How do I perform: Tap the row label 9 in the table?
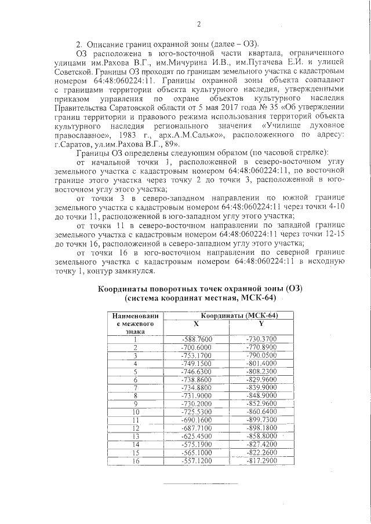tap(135, 403)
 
